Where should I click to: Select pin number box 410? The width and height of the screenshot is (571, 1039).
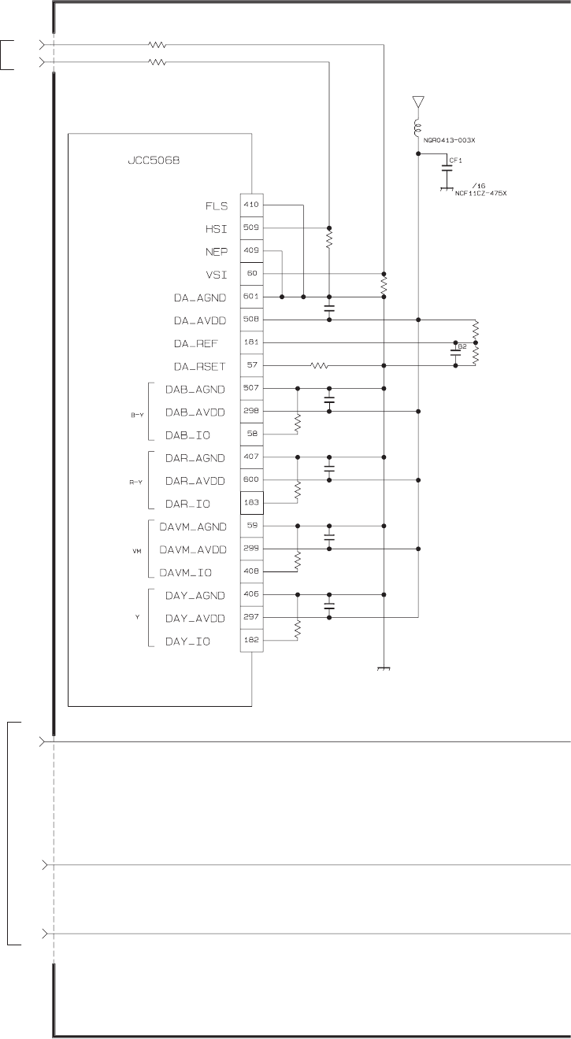pos(251,205)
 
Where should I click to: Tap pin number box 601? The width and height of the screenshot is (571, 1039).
pos(251,297)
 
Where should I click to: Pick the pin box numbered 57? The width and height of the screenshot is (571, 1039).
pos(251,366)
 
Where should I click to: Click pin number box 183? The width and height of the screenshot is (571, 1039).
pos(251,503)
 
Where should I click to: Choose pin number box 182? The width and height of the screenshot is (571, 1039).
pos(251,642)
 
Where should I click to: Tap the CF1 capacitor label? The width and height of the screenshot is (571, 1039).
pos(455,160)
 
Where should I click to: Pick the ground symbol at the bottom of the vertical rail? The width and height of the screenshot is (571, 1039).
pos(384,669)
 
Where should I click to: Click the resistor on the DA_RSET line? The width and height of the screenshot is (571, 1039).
pos(318,366)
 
